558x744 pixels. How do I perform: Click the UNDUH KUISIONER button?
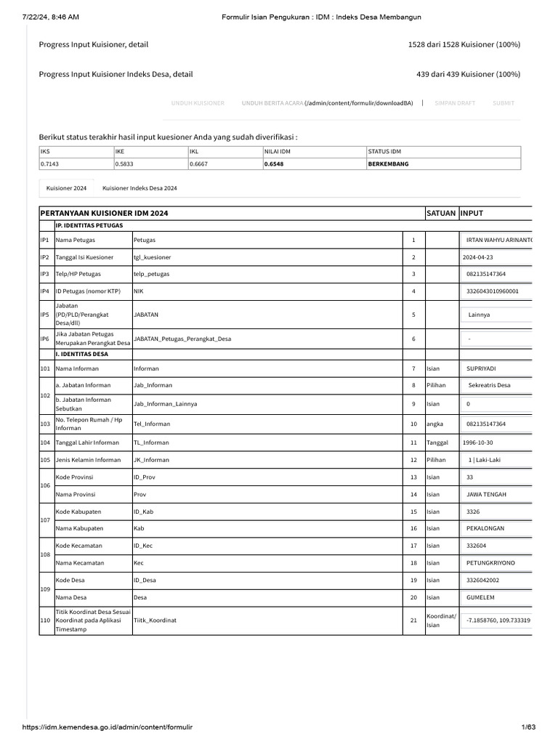pos(198,103)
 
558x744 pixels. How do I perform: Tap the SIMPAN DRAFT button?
pos(455,103)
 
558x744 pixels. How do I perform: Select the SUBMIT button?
pos(504,103)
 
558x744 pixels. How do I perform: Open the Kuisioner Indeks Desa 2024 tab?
pos(140,188)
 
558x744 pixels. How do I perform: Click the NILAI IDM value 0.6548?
pos(277,164)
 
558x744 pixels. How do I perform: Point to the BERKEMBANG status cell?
pos(389,164)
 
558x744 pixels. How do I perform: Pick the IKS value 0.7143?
pos(51,164)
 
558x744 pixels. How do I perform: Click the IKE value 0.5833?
pos(126,164)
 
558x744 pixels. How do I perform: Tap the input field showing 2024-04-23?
pos(496,257)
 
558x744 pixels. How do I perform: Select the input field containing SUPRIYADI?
pos(496,368)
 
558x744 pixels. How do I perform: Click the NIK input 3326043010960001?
pos(496,291)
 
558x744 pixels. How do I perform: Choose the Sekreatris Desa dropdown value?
pos(496,385)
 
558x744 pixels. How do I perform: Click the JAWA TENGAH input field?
pos(496,494)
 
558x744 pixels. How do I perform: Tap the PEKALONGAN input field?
pos(496,528)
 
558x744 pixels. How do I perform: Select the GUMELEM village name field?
pos(496,597)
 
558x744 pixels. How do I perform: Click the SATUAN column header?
pos(441,213)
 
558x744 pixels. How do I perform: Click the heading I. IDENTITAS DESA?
pos(82,355)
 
